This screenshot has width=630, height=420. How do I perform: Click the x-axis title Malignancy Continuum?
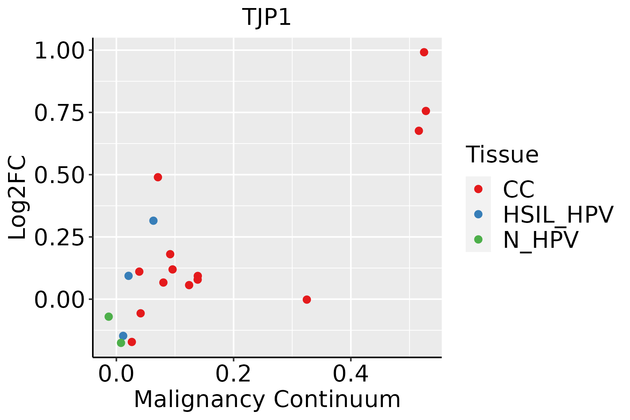pyautogui.click(x=267, y=399)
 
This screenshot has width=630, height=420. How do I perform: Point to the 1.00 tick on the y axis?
pyautogui.click(x=59, y=51)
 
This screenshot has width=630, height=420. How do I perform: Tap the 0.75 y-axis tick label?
pyautogui.click(x=59, y=113)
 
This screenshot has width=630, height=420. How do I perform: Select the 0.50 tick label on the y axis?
pyautogui.click(x=59, y=175)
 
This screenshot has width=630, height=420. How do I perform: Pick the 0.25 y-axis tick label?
pyautogui.click(x=59, y=237)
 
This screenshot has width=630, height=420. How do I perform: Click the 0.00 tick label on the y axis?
pyautogui.click(x=59, y=300)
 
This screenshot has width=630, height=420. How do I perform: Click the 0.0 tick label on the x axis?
pyautogui.click(x=116, y=374)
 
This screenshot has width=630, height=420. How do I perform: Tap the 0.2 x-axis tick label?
pyautogui.click(x=233, y=374)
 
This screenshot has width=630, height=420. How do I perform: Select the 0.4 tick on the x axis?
pyautogui.click(x=351, y=374)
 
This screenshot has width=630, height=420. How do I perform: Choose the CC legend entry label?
pyautogui.click(x=519, y=189)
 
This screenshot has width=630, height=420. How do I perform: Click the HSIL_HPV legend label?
pyautogui.click(x=558, y=215)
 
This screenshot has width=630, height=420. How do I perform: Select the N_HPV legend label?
pyautogui.click(x=540, y=240)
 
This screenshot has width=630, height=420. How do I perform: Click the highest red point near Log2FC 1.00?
pyautogui.click(x=424, y=52)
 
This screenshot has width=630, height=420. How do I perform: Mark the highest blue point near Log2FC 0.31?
pyautogui.click(x=153, y=220)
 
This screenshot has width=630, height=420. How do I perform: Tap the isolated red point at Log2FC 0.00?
pyautogui.click(x=307, y=300)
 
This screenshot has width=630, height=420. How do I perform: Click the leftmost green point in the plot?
pyautogui.click(x=108, y=317)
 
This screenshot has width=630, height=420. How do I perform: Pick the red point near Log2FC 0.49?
pyautogui.click(x=158, y=177)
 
